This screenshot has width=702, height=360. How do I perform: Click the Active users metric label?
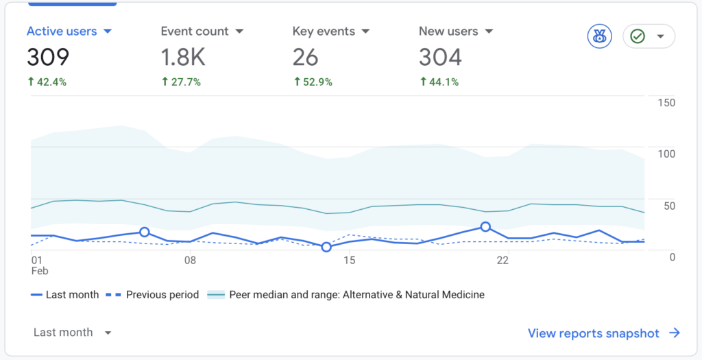coord(62,32)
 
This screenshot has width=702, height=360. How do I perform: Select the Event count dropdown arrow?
coord(239,32)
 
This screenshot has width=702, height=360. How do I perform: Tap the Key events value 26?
coord(305,58)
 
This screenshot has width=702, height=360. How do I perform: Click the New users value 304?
coord(440,58)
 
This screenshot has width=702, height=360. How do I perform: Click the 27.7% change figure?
coord(181,82)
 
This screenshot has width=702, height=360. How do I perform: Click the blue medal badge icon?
coord(599,36)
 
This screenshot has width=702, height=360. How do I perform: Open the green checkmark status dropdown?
coord(649,36)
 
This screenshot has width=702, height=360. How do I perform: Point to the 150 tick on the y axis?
coord(666,103)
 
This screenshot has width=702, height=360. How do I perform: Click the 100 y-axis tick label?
coord(666,154)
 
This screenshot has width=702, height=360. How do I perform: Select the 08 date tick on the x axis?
coord(190,261)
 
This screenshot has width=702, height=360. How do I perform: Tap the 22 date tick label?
coord(503,261)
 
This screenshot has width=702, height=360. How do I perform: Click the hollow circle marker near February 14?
coord(326,247)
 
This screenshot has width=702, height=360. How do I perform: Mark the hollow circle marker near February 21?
coord(485,226)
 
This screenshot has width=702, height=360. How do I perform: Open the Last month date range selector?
coord(72,333)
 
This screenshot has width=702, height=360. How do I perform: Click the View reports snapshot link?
coord(603,333)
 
